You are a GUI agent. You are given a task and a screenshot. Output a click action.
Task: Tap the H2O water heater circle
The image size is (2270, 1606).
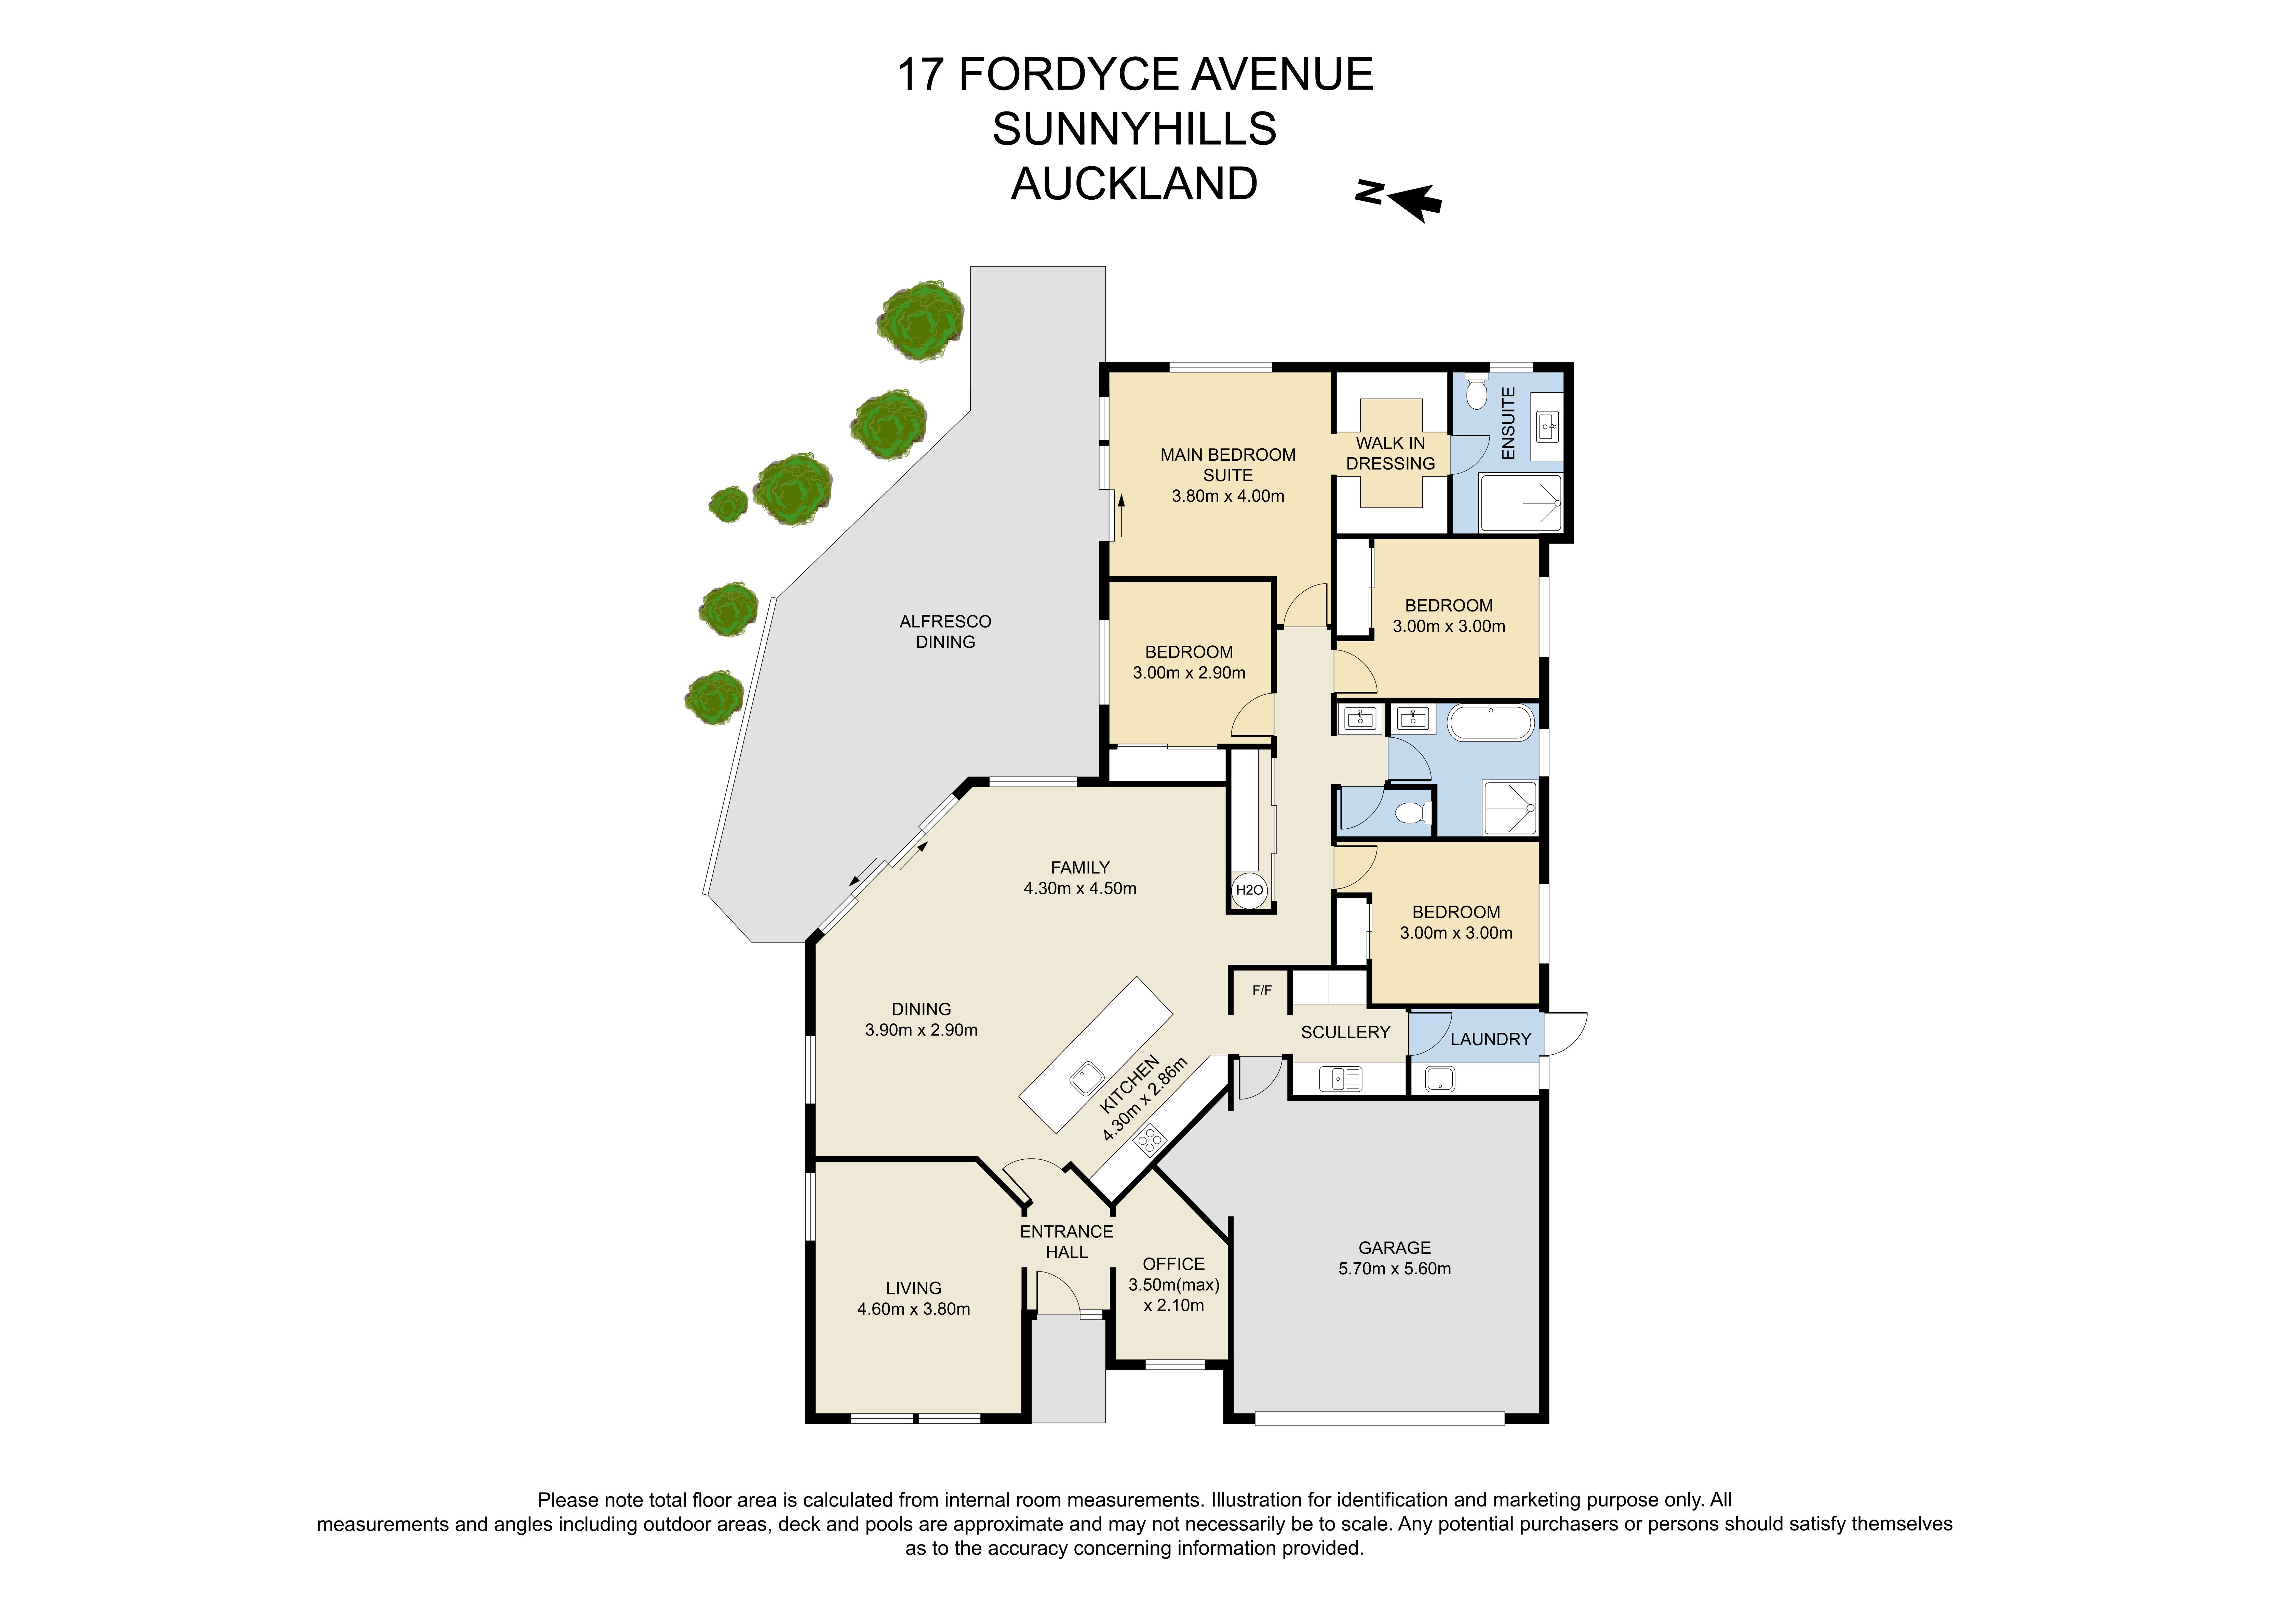pos(1250,890)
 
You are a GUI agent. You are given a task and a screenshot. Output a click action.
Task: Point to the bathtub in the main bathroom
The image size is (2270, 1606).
pos(1491,723)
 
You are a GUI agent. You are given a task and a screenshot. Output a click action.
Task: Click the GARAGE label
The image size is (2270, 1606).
pos(1394,1248)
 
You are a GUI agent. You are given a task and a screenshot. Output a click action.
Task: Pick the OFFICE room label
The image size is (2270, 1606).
pos(1173,1264)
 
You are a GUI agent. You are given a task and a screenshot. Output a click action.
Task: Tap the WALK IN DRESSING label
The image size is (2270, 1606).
pos(1390,453)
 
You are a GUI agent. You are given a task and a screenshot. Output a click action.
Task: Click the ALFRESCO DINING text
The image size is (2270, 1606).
pos(945,631)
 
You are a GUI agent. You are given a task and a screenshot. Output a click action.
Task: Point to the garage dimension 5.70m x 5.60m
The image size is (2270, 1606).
pos(1394,1269)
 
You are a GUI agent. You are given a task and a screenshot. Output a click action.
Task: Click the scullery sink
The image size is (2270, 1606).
pos(1346,1078)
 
